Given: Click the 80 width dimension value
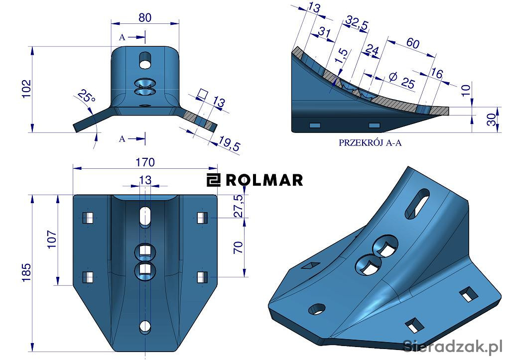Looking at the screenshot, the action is (145, 17).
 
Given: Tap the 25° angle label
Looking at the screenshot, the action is (87, 96).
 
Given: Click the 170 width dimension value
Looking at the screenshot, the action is (145, 162).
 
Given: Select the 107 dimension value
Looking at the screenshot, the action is (52, 240).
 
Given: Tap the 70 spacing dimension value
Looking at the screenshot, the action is (238, 247).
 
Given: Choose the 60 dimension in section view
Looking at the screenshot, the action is (412, 43).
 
